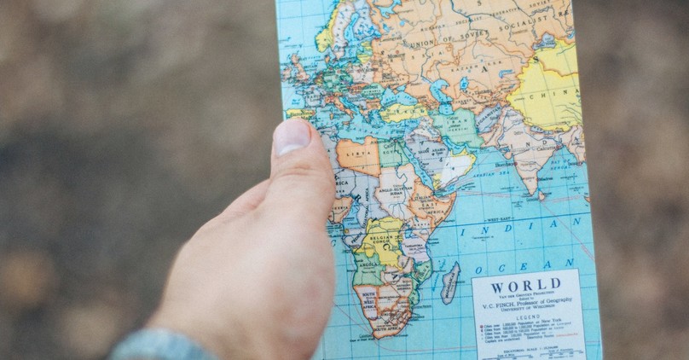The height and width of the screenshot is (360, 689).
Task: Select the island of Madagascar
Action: (x=451, y=282)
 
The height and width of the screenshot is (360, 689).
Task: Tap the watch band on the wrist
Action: (x=158, y=345)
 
